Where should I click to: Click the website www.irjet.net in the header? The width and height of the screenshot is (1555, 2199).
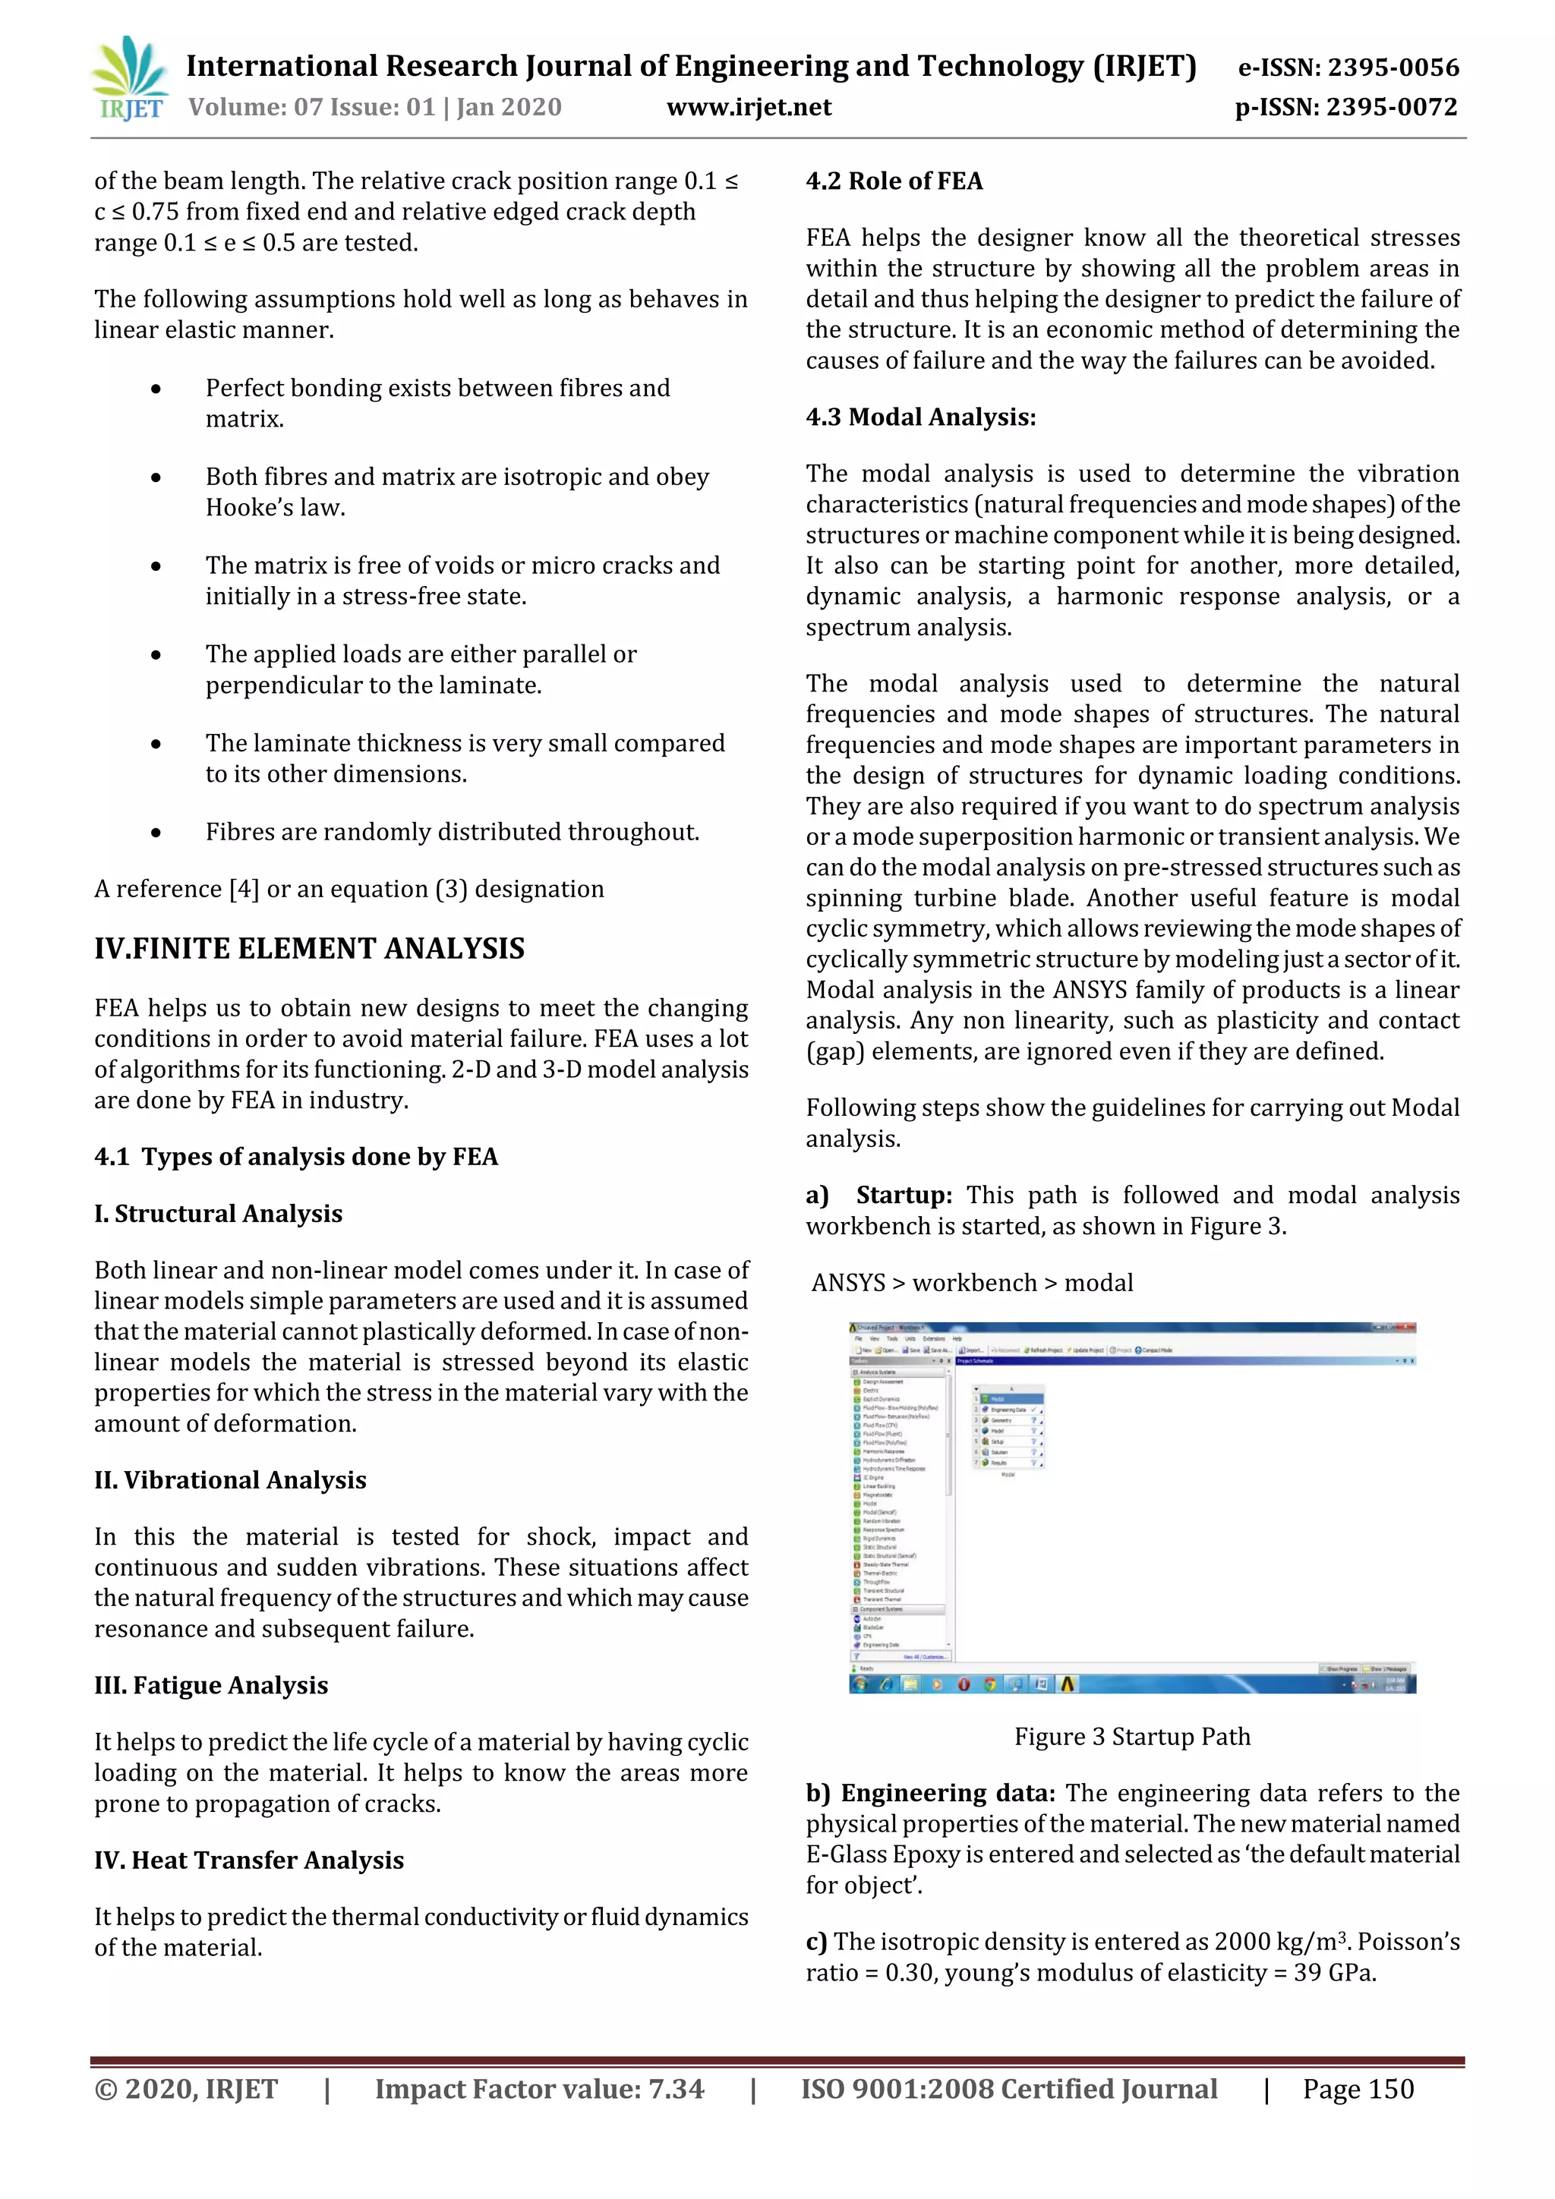tap(749, 107)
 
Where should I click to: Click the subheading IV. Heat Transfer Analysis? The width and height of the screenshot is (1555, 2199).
tap(248, 1860)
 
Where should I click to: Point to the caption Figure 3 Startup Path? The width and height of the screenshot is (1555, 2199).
tap(1131, 1737)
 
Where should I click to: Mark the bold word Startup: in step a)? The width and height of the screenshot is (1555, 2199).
tap(904, 1196)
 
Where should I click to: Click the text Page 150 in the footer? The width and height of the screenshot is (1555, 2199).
tap(1357, 2089)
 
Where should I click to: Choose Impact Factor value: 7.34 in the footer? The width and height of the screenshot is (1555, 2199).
tap(538, 2089)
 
